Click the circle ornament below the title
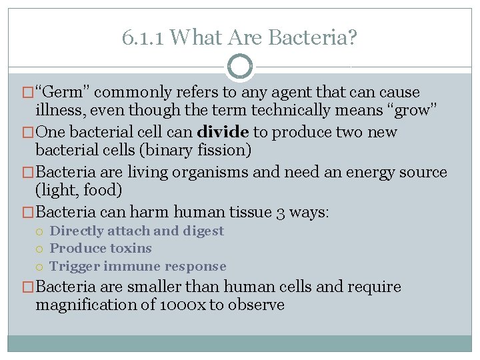coord(240,66)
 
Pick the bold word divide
coord(222,132)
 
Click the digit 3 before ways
coord(281,212)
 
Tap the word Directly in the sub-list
coord(75,231)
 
